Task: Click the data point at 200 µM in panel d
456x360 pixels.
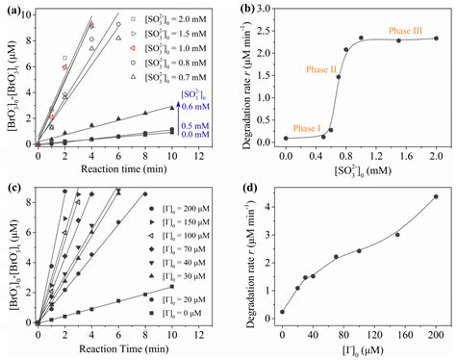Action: coord(436,196)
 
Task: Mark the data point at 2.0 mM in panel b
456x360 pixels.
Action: coord(436,39)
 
